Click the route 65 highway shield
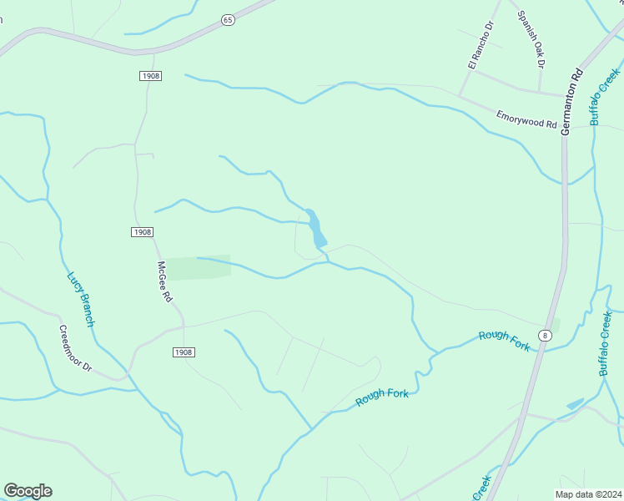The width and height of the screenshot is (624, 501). tap(228, 19)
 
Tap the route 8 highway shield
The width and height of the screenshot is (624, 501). tap(545, 335)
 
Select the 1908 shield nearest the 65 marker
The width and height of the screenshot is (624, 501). tap(150, 76)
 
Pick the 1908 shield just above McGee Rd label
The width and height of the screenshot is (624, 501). tap(143, 231)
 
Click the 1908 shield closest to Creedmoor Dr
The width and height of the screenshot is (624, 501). tap(184, 352)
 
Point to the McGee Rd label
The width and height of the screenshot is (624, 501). tap(164, 282)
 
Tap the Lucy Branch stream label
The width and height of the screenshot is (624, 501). tap(82, 298)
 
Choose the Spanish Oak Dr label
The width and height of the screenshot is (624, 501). tap(531, 38)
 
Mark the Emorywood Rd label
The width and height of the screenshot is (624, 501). tap(526, 119)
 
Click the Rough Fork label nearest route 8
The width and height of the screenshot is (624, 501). tap(504, 341)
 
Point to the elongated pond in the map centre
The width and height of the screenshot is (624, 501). tap(315, 228)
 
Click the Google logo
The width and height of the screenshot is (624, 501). tap(28, 491)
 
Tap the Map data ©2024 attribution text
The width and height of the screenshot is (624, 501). tap(588, 493)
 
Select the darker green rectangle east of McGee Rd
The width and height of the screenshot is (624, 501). tap(199, 267)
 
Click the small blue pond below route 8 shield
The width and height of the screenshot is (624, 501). tap(575, 404)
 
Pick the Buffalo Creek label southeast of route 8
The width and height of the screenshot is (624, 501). tap(607, 343)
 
